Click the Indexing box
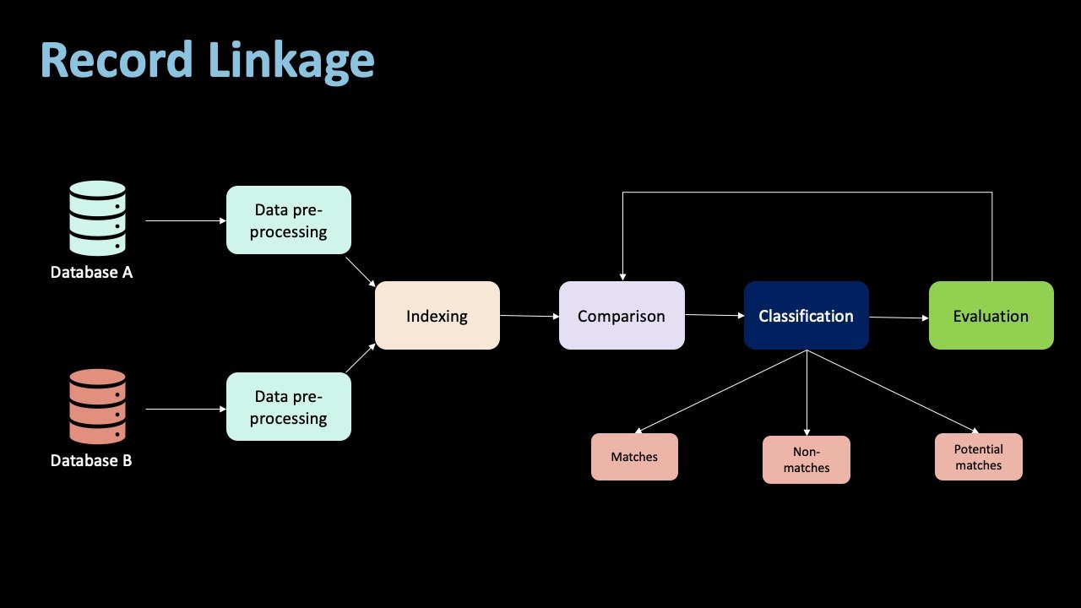(x=437, y=316)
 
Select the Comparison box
(x=622, y=316)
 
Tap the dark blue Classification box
(x=806, y=316)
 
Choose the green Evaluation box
(x=991, y=316)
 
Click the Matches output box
(x=634, y=457)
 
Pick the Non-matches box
(x=806, y=460)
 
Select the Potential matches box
(x=978, y=457)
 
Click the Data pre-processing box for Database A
(x=289, y=220)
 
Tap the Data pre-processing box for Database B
(x=289, y=407)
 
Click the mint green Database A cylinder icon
(x=97, y=218)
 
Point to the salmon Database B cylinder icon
(x=97, y=406)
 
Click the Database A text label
(x=91, y=273)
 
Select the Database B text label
(x=91, y=460)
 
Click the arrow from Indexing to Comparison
(x=530, y=316)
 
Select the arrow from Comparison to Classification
(x=714, y=315)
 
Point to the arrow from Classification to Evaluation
(x=899, y=318)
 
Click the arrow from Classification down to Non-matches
(x=807, y=393)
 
